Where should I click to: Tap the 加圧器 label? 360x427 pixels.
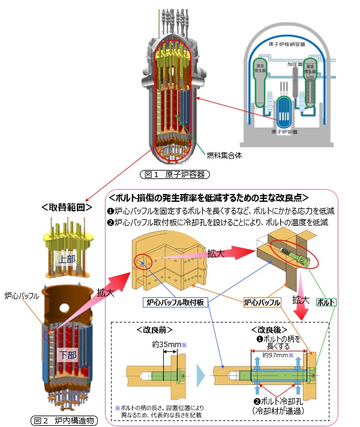pyautogui.click(x=293, y=63)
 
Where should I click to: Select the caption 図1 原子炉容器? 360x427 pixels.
pyautogui.click(x=173, y=175)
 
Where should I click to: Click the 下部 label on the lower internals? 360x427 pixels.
pyautogui.click(x=68, y=355)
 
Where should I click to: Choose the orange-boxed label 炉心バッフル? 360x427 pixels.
pyautogui.click(x=262, y=303)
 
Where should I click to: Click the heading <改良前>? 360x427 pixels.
pyautogui.click(x=159, y=330)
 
